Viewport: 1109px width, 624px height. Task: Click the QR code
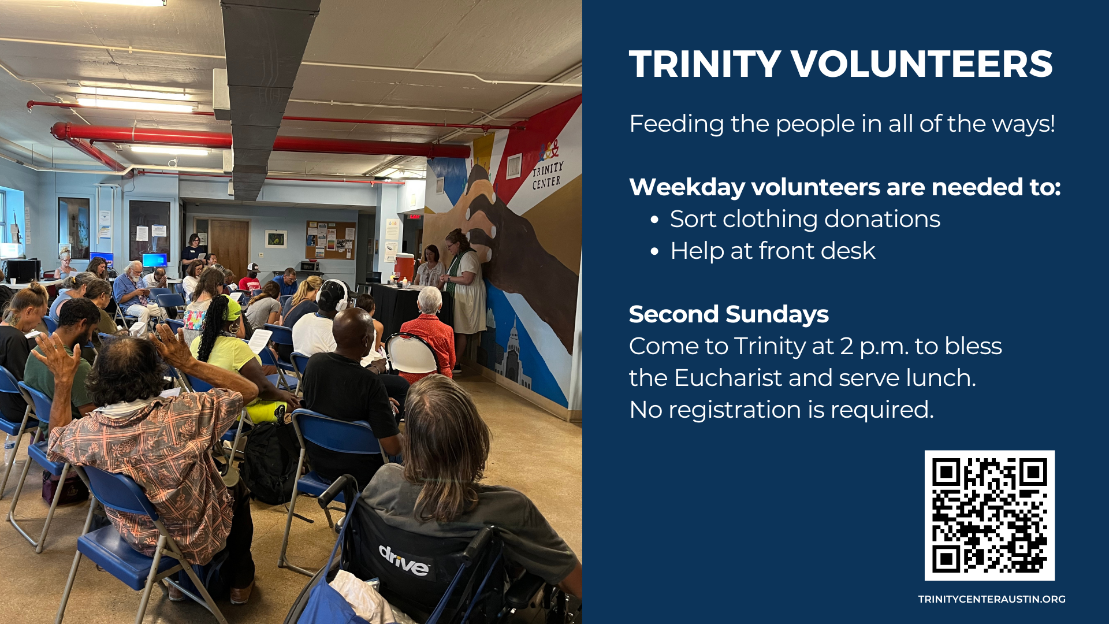(x=989, y=515)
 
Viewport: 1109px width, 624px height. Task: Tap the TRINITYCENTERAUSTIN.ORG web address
(x=992, y=599)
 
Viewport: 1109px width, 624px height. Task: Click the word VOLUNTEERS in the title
(x=921, y=64)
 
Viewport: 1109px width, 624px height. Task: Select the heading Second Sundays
(x=728, y=314)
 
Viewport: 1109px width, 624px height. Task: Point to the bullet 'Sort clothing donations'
(x=805, y=219)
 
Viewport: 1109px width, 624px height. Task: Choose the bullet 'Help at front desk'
(x=772, y=251)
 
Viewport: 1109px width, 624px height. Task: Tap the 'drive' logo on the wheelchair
(x=404, y=560)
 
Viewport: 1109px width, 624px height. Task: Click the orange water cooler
(x=404, y=266)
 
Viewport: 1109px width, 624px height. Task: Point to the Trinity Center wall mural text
(x=547, y=175)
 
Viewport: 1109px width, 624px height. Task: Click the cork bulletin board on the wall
(x=330, y=240)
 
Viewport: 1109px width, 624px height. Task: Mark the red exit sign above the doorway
(x=414, y=217)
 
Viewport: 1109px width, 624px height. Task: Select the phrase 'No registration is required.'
(x=781, y=410)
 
